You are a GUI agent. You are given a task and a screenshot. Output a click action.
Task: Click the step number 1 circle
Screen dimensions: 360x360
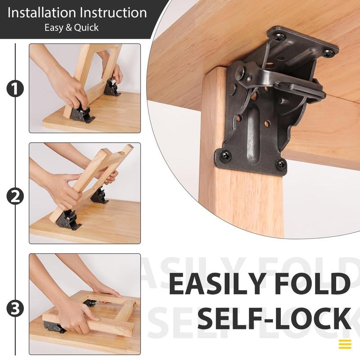[x=15, y=89]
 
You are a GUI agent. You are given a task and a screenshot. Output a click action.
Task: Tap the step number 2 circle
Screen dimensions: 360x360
[x=15, y=196]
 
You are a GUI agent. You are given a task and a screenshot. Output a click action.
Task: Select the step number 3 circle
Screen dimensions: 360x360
[x=15, y=309]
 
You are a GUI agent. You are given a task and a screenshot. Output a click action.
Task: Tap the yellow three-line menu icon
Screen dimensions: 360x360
[x=345, y=344]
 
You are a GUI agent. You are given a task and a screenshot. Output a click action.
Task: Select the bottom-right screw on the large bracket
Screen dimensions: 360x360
[x=281, y=164]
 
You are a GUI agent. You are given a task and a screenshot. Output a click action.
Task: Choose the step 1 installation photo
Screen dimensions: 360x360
[x=85, y=88]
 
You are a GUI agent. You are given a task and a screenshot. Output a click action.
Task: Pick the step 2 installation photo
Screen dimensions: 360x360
[x=85, y=193]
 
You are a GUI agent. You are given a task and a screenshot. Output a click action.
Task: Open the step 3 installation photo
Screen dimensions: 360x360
[x=85, y=304]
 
